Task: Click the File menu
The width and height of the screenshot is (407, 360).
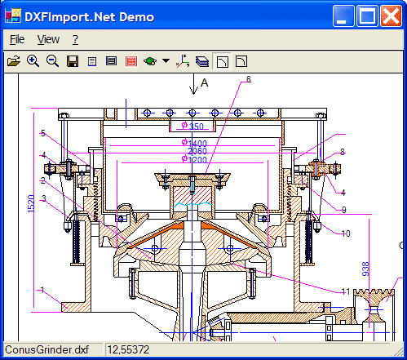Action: pos(17,39)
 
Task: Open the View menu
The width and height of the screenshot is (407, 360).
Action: pos(48,39)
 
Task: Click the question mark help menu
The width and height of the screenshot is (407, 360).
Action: pos(75,39)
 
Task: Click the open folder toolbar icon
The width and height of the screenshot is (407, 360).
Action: pos(14,60)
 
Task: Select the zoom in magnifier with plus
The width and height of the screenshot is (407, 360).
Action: pos(33,60)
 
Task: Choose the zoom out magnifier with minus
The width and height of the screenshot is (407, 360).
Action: pos(52,60)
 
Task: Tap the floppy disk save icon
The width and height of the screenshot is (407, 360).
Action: pos(73,60)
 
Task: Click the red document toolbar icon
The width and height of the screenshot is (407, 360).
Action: pos(131,60)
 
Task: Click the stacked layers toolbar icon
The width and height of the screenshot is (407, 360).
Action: pos(201,60)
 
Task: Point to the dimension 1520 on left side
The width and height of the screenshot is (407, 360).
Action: pos(31,204)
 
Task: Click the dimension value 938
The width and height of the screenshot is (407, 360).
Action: pos(365,269)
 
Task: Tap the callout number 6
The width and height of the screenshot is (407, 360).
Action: pos(248,79)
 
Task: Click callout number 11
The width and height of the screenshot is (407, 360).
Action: pos(345,291)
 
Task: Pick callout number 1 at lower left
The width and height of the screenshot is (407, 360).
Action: pos(42,290)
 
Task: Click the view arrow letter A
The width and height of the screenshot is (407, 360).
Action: pos(205,82)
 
